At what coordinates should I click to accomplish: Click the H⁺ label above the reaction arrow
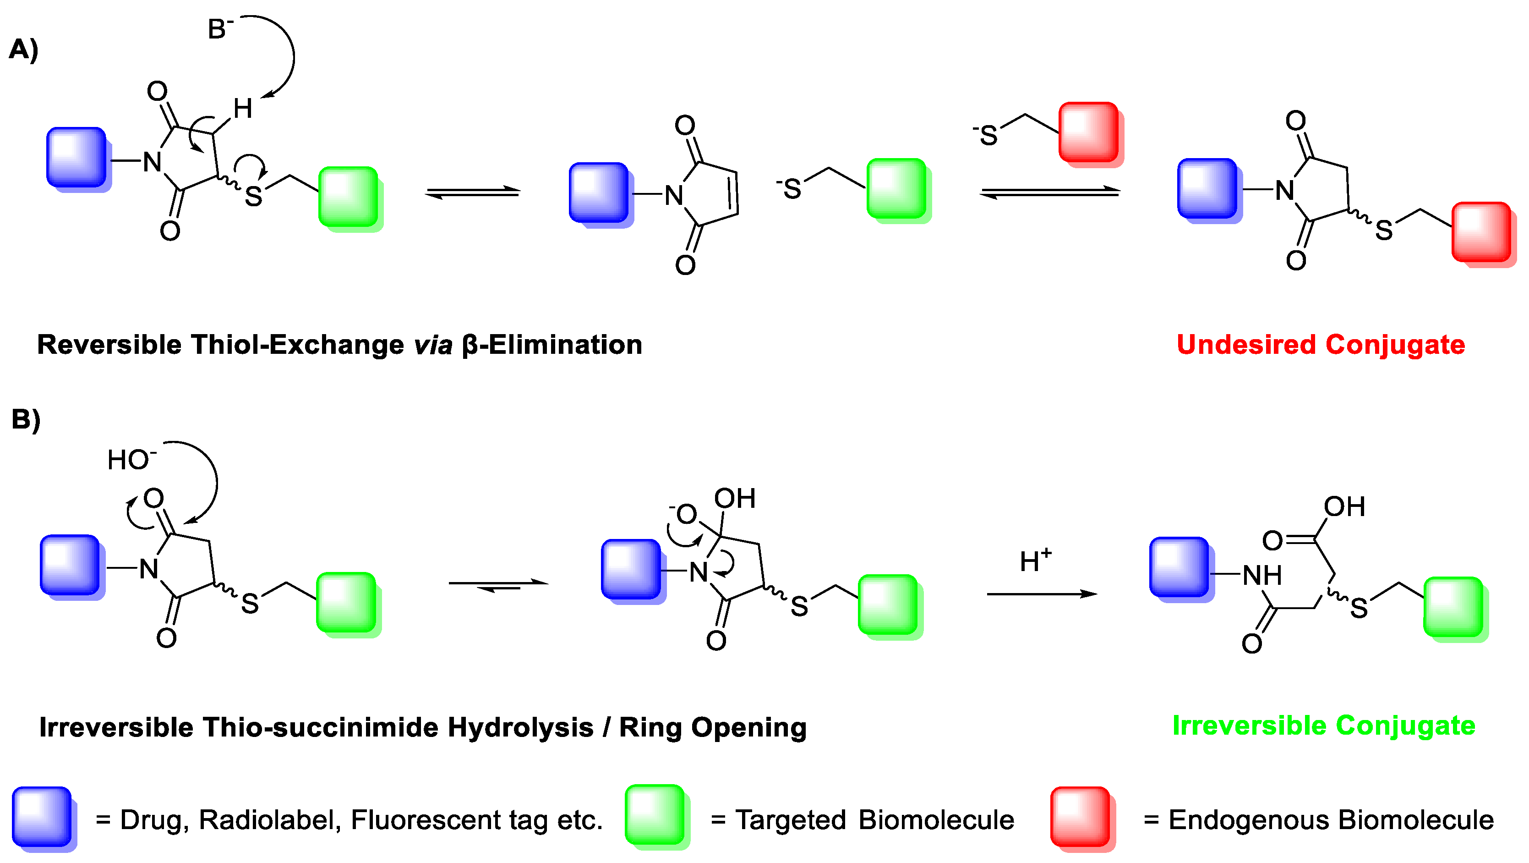[x=1035, y=561]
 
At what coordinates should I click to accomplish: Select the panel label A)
[x=24, y=50]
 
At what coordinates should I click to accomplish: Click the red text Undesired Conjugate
[x=1321, y=345]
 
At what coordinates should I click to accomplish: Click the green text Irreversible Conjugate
[x=1324, y=726]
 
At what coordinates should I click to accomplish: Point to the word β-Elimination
[x=552, y=345]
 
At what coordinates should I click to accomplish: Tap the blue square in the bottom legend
[x=42, y=817]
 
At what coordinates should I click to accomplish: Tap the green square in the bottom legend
[x=655, y=815]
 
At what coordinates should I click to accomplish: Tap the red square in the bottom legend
[x=1080, y=817]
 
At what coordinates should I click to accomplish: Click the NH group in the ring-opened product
[x=1262, y=575]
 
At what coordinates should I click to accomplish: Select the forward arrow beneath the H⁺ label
[x=1042, y=594]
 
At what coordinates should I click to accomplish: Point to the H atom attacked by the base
[x=243, y=109]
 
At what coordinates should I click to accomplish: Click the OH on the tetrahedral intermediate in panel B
[x=735, y=499]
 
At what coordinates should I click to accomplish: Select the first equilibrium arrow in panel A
[x=473, y=192]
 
